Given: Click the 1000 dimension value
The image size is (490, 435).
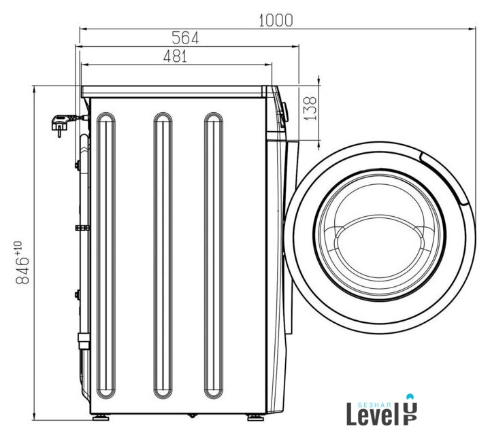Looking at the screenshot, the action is click(276, 20).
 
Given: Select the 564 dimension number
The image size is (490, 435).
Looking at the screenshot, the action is click(185, 38).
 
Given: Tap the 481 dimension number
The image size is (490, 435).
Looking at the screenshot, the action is click(175, 56).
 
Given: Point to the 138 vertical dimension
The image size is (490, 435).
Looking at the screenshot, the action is click(310, 108).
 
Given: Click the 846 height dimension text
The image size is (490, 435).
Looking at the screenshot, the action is click(22, 271).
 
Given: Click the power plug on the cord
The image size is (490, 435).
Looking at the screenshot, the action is click(61, 124).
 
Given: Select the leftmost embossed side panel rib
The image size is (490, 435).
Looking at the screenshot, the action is click(106, 256).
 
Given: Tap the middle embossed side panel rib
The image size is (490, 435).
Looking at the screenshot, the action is click(163, 256).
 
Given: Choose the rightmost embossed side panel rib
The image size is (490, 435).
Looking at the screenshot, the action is click(214, 256).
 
